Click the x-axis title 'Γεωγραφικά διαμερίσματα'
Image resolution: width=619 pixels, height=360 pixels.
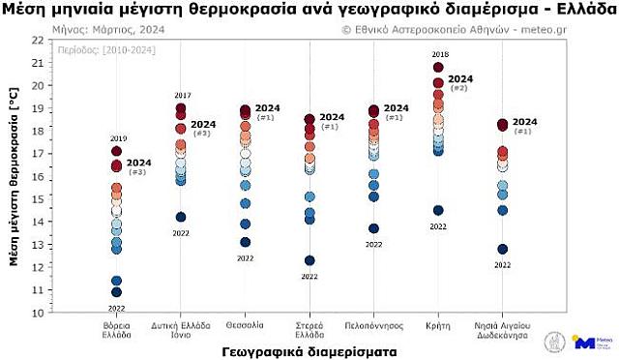pyautogui.click(x=309, y=351)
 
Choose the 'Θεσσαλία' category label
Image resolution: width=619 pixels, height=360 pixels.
pyautogui.click(x=245, y=325)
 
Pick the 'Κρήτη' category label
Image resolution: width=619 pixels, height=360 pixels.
pyautogui.click(x=438, y=325)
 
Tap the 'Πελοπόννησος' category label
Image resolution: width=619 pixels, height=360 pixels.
pyautogui.click(x=373, y=325)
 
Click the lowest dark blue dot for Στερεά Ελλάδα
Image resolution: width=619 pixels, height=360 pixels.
pyautogui.click(x=309, y=260)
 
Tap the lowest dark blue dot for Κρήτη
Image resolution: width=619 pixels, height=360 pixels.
pyautogui.click(x=438, y=210)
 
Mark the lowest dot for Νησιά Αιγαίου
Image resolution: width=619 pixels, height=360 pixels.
pyautogui.click(x=503, y=249)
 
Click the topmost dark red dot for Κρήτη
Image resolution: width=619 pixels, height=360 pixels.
pyautogui.click(x=438, y=68)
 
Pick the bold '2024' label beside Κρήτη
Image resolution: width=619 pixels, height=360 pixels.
pyautogui.click(x=460, y=78)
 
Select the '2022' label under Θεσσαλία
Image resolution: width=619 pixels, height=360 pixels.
pyautogui.click(x=245, y=258)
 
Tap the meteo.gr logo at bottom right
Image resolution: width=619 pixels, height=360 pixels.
pyautogui.click(x=590, y=342)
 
